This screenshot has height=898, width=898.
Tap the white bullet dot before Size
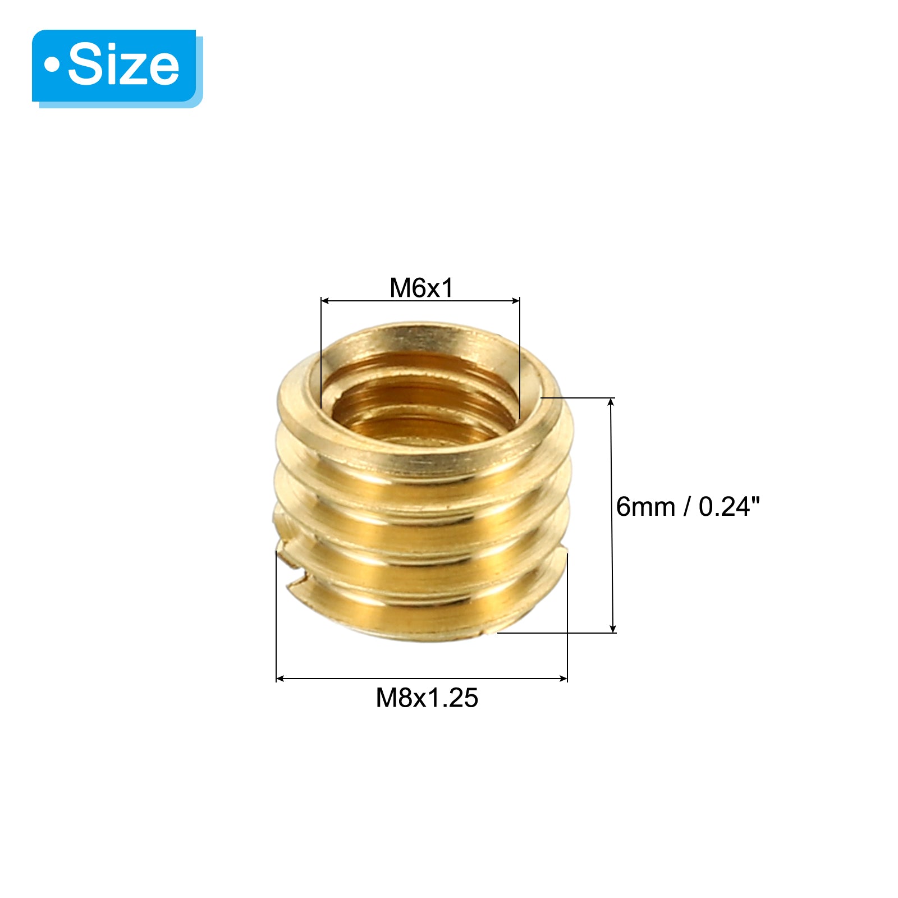tap(52, 65)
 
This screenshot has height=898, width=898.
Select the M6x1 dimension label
tap(421, 288)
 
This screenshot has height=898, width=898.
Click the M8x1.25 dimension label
tap(427, 698)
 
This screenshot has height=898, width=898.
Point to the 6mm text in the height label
tap(645, 507)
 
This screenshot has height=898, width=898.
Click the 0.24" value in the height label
tap(729, 506)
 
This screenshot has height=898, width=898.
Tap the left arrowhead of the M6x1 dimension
tap(325, 301)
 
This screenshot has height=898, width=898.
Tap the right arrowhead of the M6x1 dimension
tap(516, 301)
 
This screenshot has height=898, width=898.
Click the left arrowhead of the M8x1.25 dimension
tap(281, 679)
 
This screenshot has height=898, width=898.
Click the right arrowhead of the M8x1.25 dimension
tap(563, 679)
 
